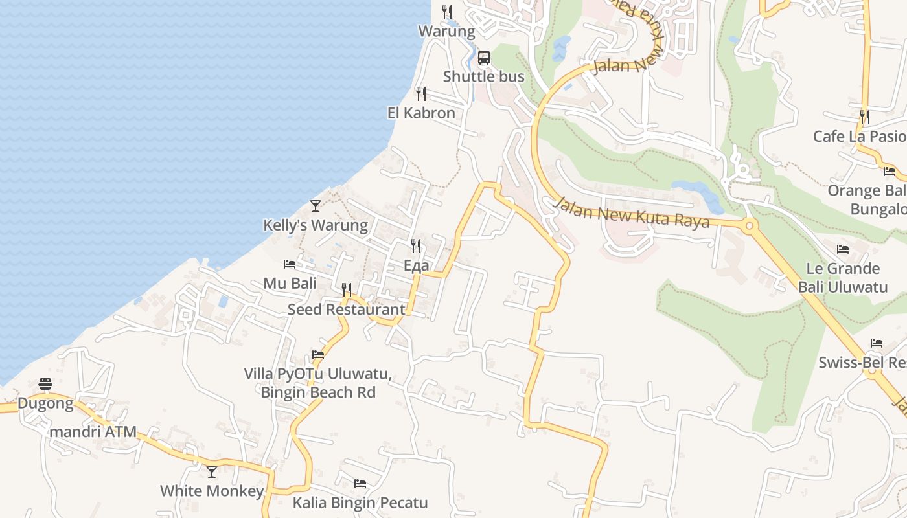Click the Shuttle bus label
(483, 76)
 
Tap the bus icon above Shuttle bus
(484, 58)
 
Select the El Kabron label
(421, 113)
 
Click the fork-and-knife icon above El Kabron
(421, 94)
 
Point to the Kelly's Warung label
(316, 225)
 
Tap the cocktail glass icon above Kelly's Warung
(316, 206)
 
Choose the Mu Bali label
(290, 284)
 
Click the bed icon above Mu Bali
(290, 264)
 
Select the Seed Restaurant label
(347, 310)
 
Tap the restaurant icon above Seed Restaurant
(347, 289)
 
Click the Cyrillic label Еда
(416, 265)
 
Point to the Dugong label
(45, 403)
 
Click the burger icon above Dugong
(45, 384)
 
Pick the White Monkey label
(211, 491)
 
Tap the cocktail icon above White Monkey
(212, 471)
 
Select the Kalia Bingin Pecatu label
(360, 502)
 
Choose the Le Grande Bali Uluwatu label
(842, 277)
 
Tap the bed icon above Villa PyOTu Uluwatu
(318, 355)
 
